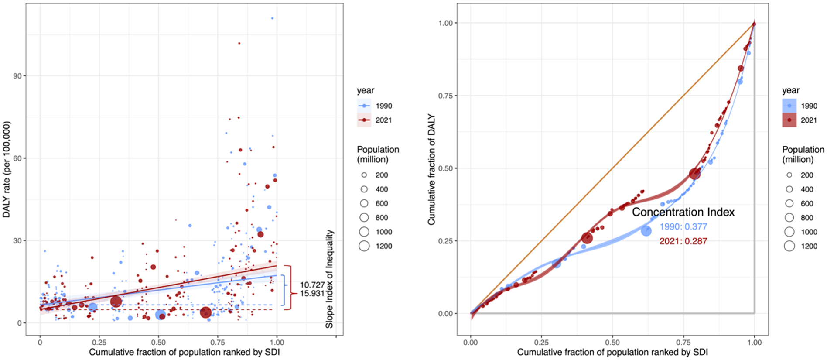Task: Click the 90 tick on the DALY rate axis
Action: coord(17,76)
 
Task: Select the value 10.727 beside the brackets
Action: coord(312,285)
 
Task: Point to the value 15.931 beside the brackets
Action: coord(312,294)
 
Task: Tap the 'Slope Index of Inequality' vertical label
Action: coord(329,279)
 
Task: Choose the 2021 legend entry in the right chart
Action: coord(800,120)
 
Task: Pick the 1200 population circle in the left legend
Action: coord(364,246)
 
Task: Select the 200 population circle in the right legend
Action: coord(789,175)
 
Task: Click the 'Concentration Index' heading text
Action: coord(683,212)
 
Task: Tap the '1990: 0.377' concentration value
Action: coord(683,227)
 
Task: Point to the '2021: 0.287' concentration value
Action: coord(683,241)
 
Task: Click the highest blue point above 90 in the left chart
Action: coord(272,18)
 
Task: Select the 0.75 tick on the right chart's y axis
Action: coord(445,96)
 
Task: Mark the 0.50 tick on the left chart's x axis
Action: coord(158,343)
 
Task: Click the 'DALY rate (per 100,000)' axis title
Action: coord(7,169)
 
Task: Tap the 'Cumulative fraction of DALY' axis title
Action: coord(431,169)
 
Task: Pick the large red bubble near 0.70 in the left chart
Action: coord(206,312)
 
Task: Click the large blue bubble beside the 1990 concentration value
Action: coord(646,230)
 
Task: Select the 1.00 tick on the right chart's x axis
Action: coord(754,343)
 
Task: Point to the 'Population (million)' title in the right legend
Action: coord(803,154)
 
